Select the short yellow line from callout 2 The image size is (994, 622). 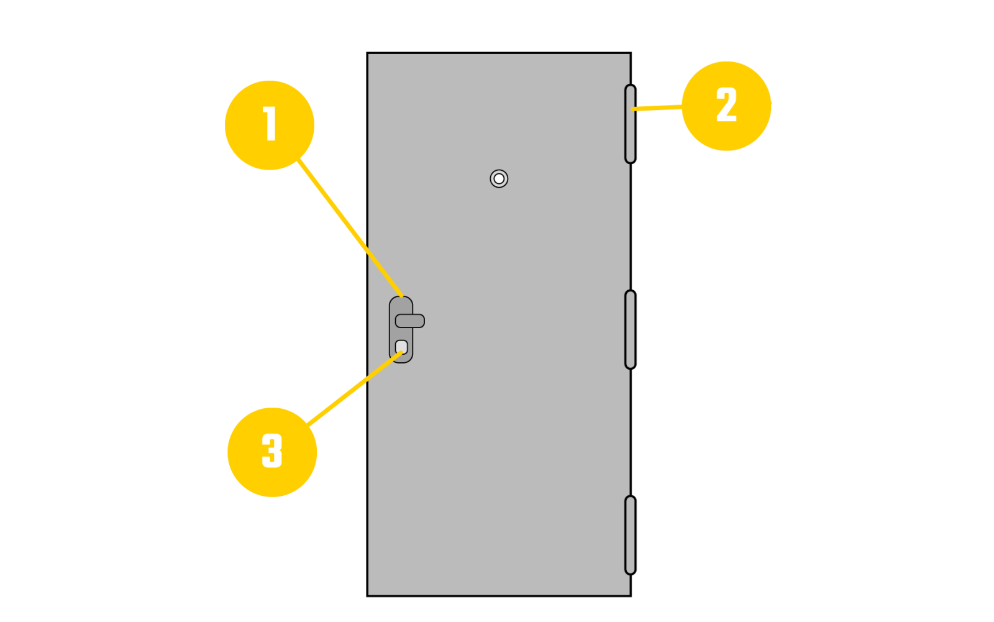[x=657, y=108]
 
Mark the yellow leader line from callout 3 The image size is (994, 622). [x=354, y=389]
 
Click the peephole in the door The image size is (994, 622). [x=499, y=178]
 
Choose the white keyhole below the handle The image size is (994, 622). [x=401, y=347]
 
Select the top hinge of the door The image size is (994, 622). [x=630, y=124]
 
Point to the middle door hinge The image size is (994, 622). [x=630, y=329]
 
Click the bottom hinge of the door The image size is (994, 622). [x=630, y=535]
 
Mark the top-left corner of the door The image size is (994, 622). [x=370, y=55]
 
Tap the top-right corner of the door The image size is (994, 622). [x=628, y=55]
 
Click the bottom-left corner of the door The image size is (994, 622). [x=370, y=593]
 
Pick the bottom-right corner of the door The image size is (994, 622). [x=628, y=593]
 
